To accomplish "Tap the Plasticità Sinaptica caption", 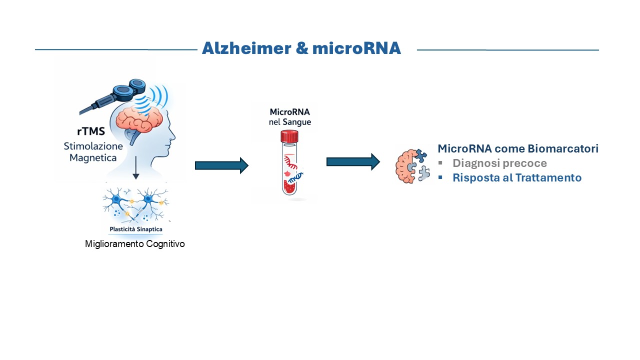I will (x=135, y=229).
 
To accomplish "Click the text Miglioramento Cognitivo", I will (x=135, y=244).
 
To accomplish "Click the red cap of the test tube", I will (x=289, y=136).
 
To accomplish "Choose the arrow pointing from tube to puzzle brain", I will (x=353, y=161).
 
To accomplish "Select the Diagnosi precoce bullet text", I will (x=499, y=163).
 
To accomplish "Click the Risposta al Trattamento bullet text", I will (x=517, y=177).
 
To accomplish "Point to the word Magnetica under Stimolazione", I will (x=90, y=158).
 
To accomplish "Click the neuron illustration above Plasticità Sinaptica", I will (x=135, y=205).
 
